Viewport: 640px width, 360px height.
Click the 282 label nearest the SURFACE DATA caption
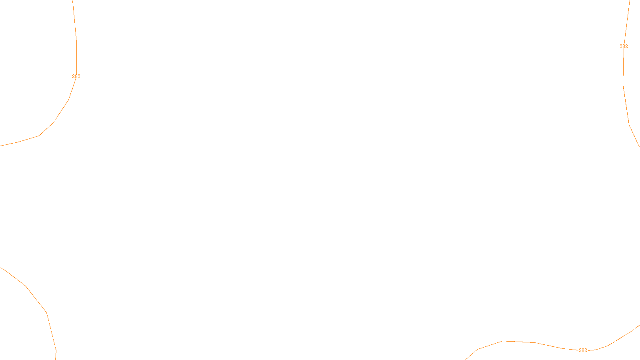pyautogui.click(x=583, y=350)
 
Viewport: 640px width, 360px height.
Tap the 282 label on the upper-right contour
pyautogui.click(x=624, y=46)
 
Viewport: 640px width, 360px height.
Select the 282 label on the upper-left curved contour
pyautogui.click(x=76, y=76)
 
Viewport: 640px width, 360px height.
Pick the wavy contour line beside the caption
pyautogui.click(x=520, y=342)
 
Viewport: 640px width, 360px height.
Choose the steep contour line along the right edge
pyautogui.click(x=626, y=104)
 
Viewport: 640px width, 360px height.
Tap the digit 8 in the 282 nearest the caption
pyautogui.click(x=583, y=350)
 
